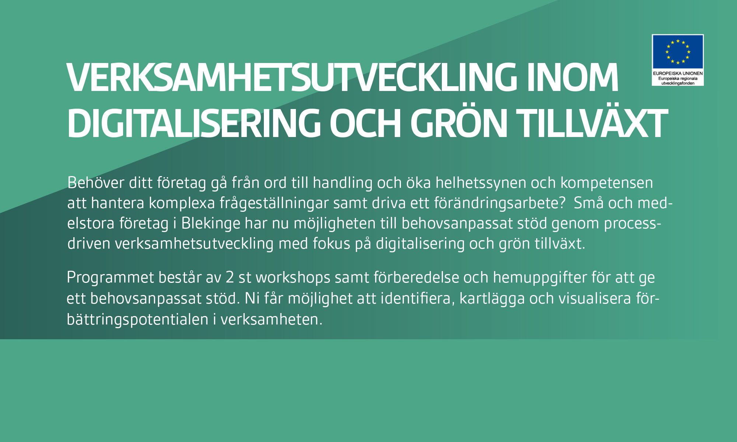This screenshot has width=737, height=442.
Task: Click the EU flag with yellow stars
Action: pyautogui.click(x=678, y=52)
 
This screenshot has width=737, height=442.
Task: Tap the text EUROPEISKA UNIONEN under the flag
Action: pyautogui.click(x=678, y=73)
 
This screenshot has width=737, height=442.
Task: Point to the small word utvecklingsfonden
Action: pyautogui.click(x=678, y=83)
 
